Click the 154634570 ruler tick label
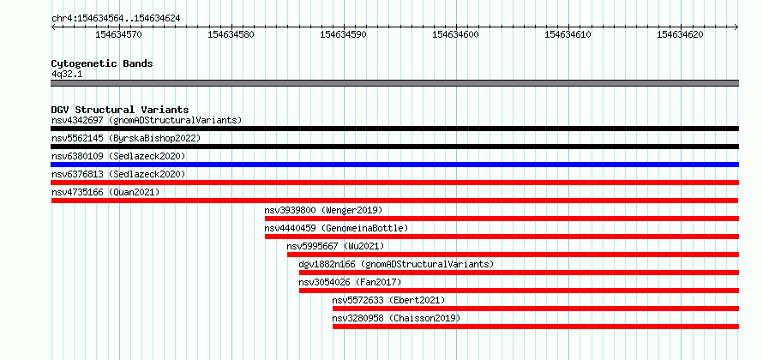point(118,34)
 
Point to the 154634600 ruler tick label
point(455,34)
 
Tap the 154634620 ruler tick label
point(680,34)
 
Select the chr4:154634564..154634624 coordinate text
point(116,19)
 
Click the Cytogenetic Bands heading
point(102,63)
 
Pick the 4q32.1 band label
point(67,74)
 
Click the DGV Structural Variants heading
point(120,110)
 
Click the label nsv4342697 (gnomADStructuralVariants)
point(147,120)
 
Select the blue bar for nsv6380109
point(394,165)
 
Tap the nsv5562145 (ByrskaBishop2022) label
point(125,138)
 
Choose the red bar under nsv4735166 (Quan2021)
point(394,201)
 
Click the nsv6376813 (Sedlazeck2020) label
point(118,174)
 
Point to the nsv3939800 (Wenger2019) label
point(323,210)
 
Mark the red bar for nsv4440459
point(502,237)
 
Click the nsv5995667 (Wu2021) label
point(335,246)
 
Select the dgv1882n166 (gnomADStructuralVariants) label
point(396,264)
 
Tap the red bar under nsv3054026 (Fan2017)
point(519,291)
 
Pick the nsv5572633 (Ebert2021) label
point(388,300)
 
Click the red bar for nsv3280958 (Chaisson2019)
point(536,327)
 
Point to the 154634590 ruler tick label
point(343,34)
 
